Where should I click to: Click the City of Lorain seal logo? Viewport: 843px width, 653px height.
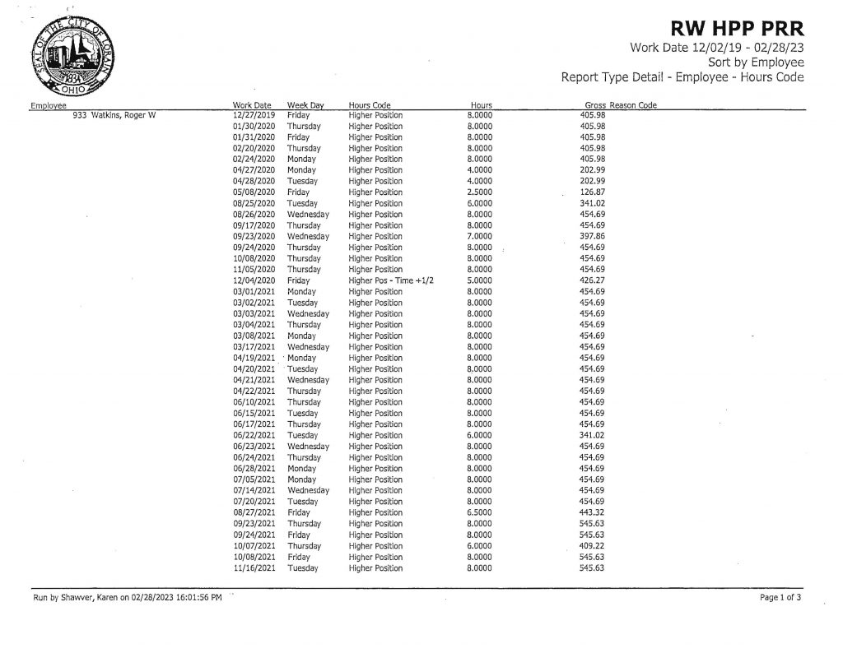tap(70, 57)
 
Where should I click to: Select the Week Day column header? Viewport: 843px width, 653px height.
tap(305, 105)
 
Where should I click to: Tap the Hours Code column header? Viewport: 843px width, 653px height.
tap(370, 105)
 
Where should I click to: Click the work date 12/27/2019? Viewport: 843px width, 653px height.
tap(253, 115)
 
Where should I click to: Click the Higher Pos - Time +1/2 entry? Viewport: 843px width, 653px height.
tap(391, 280)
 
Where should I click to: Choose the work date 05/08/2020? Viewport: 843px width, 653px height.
tap(253, 192)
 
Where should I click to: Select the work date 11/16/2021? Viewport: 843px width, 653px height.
tap(254, 568)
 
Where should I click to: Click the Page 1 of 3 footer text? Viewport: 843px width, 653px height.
tap(780, 598)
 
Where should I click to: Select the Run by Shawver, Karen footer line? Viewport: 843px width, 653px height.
tap(127, 598)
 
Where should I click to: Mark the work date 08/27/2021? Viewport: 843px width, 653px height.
tap(254, 512)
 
